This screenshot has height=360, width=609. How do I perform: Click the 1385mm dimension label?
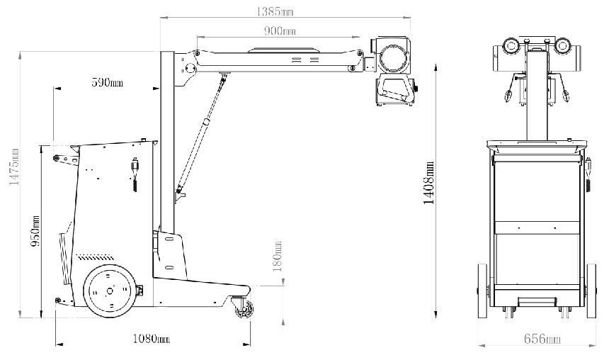coord(275,11)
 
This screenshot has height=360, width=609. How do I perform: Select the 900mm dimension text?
coord(280,30)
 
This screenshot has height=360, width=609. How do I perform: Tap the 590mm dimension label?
coord(107,82)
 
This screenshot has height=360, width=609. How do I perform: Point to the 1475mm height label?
coord(14,167)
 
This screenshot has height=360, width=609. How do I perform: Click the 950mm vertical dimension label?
coord(35,231)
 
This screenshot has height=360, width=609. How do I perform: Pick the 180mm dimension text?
coord(278,257)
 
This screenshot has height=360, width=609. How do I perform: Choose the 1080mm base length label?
coord(151,339)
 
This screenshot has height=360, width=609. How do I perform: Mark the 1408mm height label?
coord(429,183)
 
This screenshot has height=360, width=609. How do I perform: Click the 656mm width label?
coord(542,339)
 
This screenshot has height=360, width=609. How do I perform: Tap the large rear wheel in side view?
coord(110,291)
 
